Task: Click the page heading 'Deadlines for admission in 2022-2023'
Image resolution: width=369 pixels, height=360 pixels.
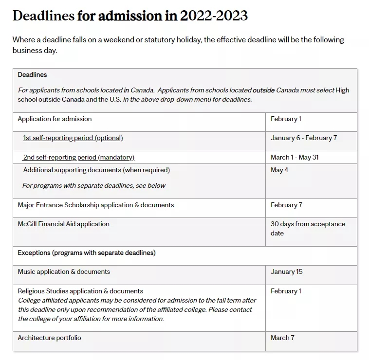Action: coord(130,16)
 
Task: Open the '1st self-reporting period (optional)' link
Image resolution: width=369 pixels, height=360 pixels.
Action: coord(73,138)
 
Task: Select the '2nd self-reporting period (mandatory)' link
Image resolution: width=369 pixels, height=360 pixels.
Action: coord(79,158)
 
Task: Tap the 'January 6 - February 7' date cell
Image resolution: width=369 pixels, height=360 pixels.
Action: coord(304,138)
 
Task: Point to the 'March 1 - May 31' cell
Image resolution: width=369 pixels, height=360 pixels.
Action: coord(295,158)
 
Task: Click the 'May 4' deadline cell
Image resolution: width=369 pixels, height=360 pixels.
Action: coord(279,170)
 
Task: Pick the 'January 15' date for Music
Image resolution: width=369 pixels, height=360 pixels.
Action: coord(286,272)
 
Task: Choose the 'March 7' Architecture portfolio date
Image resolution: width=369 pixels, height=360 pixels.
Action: coord(282,338)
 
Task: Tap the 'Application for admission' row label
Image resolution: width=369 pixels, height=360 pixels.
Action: coord(55,119)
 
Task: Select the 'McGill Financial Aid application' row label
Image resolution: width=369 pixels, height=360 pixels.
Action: coord(64,224)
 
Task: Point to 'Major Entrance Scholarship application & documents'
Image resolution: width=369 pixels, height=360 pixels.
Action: coord(96,205)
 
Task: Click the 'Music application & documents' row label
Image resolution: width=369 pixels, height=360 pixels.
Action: coord(64,272)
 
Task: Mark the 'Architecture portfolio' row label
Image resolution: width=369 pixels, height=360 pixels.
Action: coord(50,338)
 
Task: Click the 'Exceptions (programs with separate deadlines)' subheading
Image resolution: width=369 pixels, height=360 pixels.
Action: coord(87,253)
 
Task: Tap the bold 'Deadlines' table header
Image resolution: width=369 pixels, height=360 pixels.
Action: coord(32,75)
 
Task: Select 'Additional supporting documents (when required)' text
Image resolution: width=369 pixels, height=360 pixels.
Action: coord(96,170)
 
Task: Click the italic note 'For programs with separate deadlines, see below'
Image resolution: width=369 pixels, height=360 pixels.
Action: coord(94,185)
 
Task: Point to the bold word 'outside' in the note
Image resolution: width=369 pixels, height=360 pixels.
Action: coord(263,90)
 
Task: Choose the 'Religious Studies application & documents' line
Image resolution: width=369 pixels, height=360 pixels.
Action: coord(80,291)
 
